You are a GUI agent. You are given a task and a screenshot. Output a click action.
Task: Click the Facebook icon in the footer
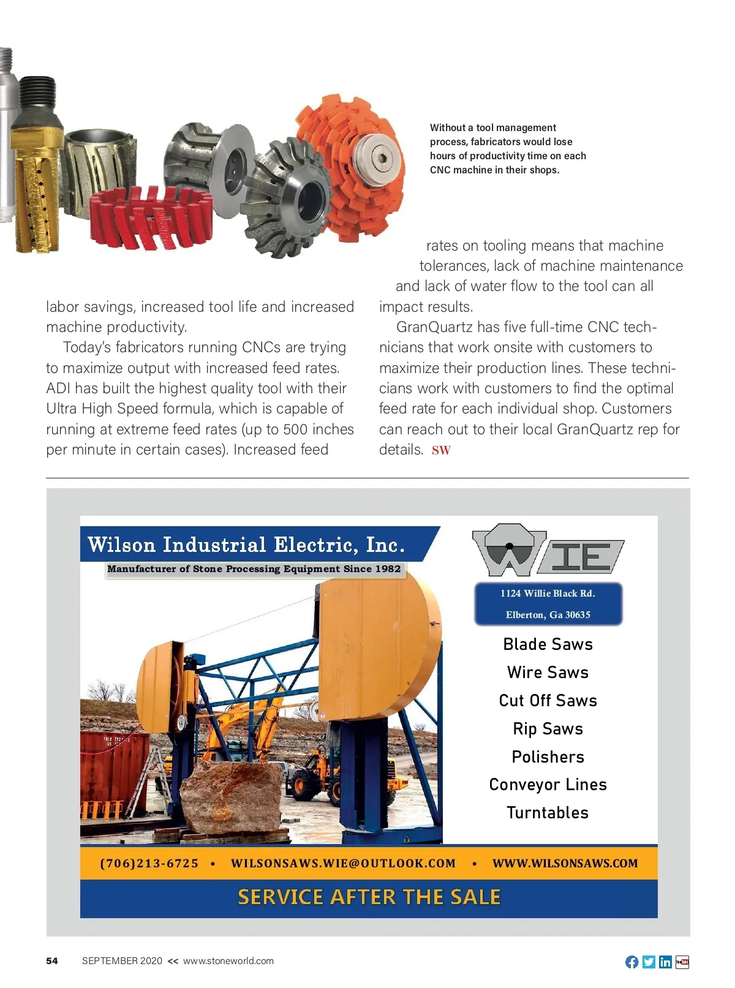click(x=631, y=962)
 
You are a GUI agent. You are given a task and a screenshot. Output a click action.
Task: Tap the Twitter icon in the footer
click(x=649, y=962)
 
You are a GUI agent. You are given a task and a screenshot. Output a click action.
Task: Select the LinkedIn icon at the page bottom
click(x=665, y=962)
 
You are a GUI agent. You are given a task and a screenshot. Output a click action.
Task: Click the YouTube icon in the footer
click(x=682, y=962)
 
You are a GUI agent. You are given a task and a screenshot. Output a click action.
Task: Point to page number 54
click(x=52, y=961)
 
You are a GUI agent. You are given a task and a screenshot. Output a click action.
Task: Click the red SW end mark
click(x=441, y=451)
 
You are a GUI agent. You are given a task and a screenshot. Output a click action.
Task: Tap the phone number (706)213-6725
click(x=149, y=863)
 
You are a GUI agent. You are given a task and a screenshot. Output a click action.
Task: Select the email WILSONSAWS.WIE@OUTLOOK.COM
click(x=343, y=863)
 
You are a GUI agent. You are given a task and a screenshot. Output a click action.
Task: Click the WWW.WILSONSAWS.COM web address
click(x=565, y=863)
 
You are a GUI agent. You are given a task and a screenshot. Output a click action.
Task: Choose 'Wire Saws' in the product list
click(x=548, y=673)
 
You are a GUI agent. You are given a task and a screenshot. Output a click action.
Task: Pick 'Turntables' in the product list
click(x=548, y=813)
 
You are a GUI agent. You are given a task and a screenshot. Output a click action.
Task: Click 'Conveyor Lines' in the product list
click(x=548, y=785)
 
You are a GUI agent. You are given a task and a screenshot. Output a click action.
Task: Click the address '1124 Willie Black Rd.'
click(x=548, y=593)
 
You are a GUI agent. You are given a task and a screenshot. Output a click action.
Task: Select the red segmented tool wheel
click(x=150, y=217)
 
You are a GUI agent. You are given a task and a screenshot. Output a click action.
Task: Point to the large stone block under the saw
click(x=230, y=799)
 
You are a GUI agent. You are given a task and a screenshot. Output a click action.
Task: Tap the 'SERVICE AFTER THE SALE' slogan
click(x=369, y=897)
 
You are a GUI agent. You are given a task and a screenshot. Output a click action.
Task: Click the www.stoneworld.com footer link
click(x=228, y=961)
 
